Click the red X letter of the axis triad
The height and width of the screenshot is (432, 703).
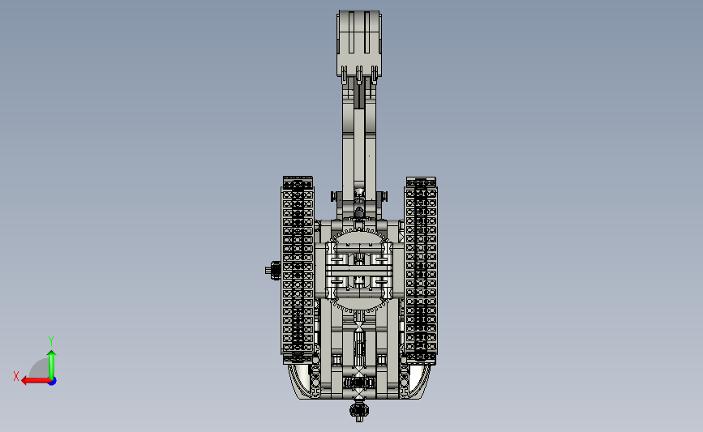pos(16,376)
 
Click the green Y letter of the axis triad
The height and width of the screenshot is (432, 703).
pos(51,341)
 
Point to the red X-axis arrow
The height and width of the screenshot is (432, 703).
pos(36,381)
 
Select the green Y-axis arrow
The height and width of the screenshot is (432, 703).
pos(52,366)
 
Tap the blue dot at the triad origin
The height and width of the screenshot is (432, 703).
pos(53,382)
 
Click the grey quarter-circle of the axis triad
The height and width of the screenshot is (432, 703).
pos(40,368)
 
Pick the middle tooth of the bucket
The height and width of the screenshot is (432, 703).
pos(358,75)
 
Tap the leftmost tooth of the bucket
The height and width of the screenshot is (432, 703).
pos(344,75)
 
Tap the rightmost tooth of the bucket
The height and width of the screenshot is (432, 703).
pos(375,75)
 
